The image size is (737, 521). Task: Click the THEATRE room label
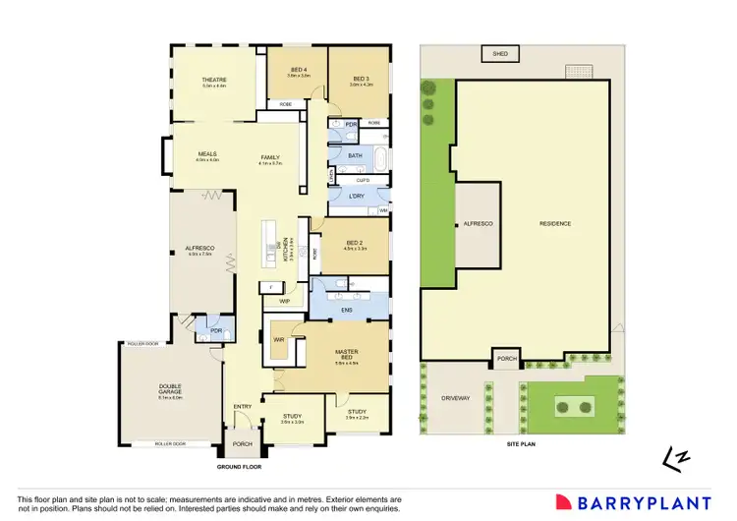pos(214,79)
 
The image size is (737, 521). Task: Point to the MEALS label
pos(206,154)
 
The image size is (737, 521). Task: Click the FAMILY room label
pos(270,157)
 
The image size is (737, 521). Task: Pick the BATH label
pos(355,155)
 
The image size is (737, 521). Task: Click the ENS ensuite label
pos(346,311)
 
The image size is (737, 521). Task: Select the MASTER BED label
pos(346,354)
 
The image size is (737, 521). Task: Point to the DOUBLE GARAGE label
pos(171,390)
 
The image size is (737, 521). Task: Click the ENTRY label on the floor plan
pos(243,406)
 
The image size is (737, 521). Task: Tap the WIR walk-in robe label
pos(279,339)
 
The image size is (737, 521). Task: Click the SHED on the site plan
pos(500,53)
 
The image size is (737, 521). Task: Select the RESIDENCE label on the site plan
pos(555,223)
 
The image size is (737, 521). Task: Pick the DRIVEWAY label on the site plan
pos(453,400)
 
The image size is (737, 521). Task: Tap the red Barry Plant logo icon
pos(564,501)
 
